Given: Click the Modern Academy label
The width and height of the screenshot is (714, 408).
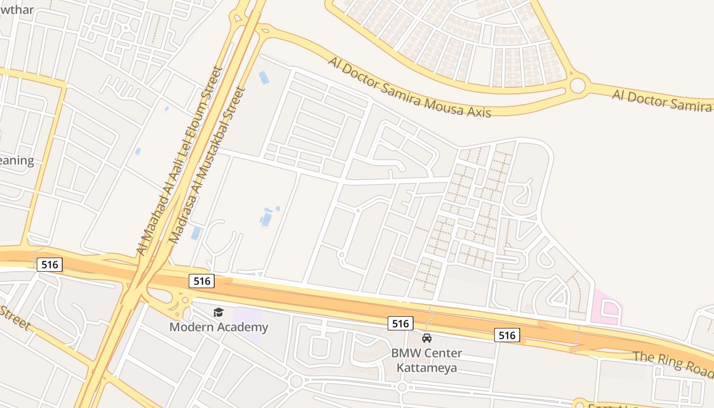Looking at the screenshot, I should [x=218, y=327].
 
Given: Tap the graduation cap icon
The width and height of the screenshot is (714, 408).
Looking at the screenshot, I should [x=218, y=312].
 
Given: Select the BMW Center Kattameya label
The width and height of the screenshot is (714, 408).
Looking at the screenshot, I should [x=427, y=360].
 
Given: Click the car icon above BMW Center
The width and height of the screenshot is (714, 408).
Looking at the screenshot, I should [x=427, y=338].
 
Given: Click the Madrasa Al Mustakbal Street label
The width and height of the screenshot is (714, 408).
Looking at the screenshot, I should [x=207, y=165].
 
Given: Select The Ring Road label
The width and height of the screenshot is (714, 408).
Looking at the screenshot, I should [x=672, y=363].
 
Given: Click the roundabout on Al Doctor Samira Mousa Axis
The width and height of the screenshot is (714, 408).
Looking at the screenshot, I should [x=577, y=86].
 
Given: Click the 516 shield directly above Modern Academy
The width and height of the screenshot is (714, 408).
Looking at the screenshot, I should [x=202, y=280].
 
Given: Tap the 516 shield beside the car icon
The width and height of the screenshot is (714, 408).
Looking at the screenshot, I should [x=400, y=323].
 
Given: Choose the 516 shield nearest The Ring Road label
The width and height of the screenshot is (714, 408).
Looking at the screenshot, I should [x=507, y=335].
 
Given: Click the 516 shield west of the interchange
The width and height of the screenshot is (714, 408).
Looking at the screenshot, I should [x=50, y=264].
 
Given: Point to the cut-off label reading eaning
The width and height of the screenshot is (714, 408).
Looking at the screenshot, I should [x=16, y=161].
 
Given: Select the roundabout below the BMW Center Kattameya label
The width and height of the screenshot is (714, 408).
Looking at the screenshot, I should [x=402, y=387].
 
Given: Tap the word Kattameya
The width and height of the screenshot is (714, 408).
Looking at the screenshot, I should [x=427, y=367].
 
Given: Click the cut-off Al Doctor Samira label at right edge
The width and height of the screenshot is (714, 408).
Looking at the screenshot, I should [x=662, y=100].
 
